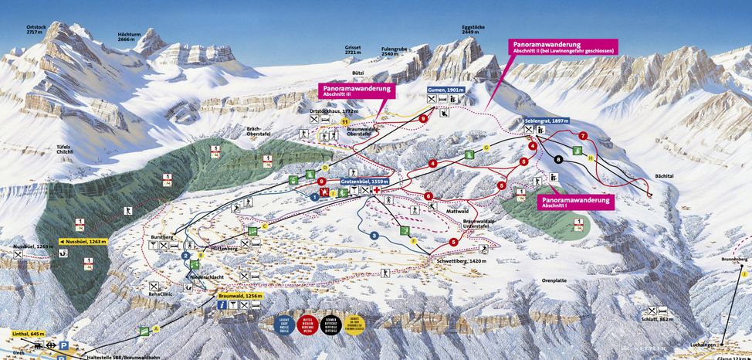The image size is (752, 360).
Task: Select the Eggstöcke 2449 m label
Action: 473,30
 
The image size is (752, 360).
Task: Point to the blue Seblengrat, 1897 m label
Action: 545,121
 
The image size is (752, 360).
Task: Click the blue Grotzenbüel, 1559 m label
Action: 364,181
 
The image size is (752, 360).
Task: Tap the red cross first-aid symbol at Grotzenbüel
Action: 377,190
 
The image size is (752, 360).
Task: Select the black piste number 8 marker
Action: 558,159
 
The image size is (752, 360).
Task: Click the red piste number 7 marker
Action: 583,136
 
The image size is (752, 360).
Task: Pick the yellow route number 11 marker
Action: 344,122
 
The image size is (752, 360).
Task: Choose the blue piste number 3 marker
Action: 374,235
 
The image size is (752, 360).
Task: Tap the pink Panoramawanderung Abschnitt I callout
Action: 574,202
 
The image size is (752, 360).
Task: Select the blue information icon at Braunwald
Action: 221,305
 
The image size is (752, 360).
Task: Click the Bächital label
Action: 664,176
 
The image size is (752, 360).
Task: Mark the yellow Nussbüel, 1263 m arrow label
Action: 83,241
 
